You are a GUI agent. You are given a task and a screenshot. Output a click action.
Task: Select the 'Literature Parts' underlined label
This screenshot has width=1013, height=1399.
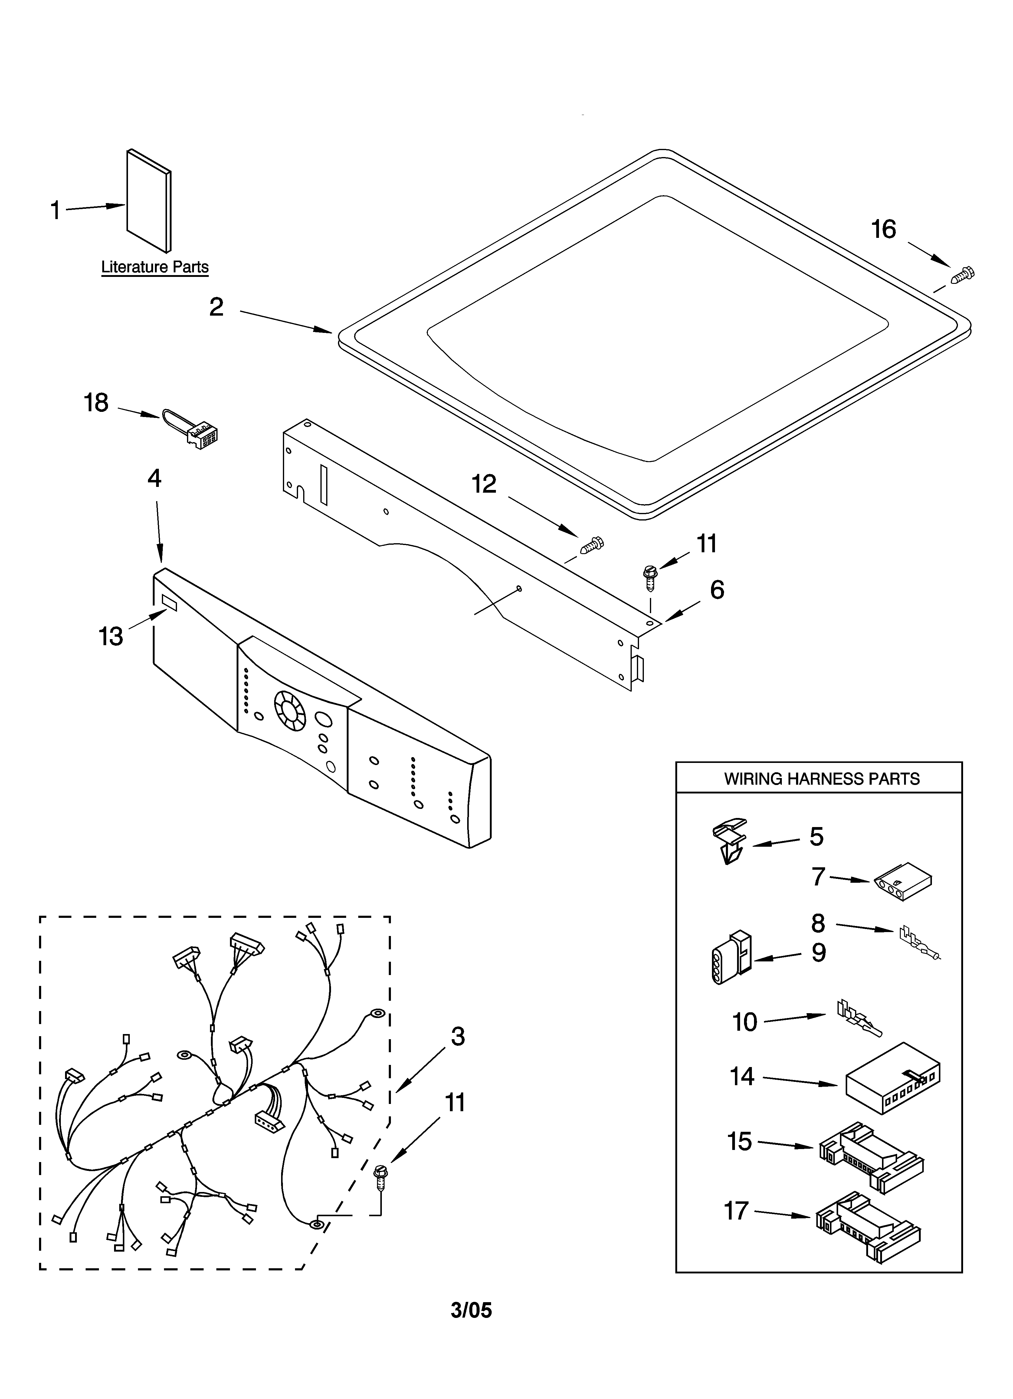pyautogui.click(x=155, y=267)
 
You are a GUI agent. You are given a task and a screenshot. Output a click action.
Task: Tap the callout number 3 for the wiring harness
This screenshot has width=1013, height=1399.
pyautogui.click(x=457, y=1036)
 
